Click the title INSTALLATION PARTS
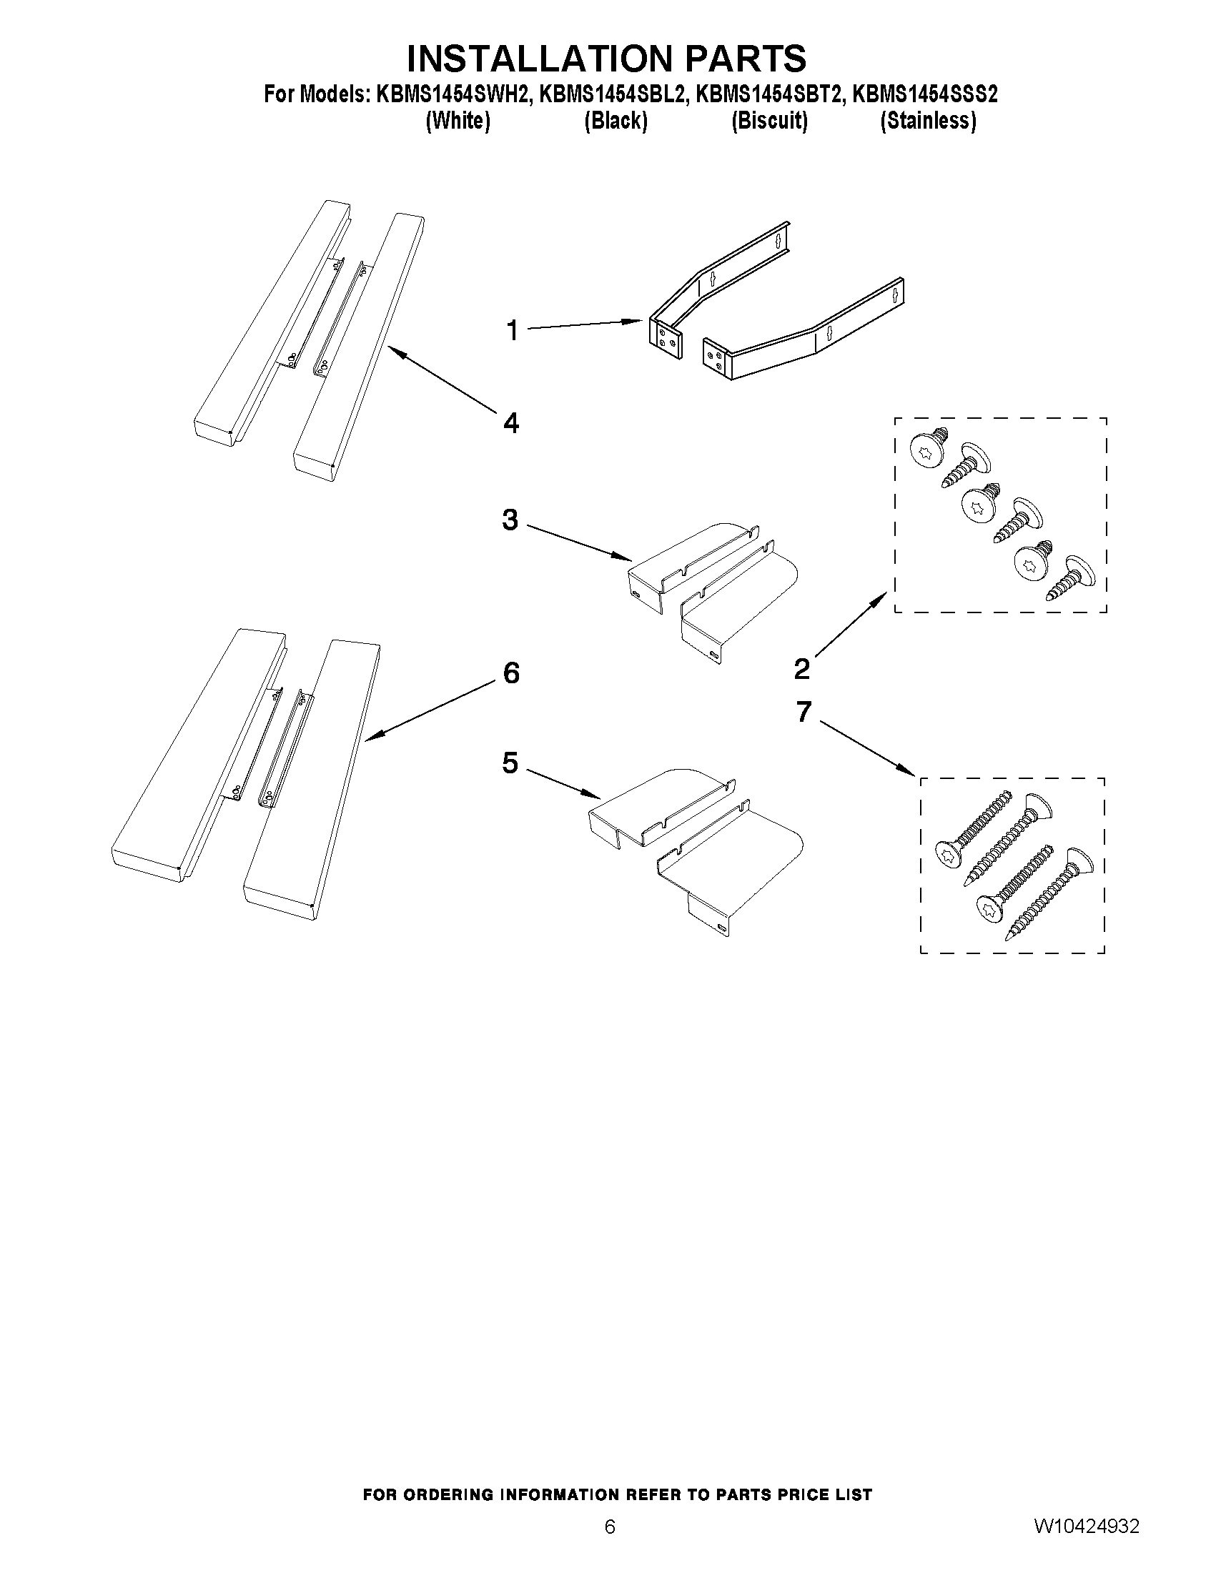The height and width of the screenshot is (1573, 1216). click(x=605, y=59)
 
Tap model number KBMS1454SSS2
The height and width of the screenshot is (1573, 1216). click(x=924, y=94)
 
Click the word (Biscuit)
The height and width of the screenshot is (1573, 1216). click(x=768, y=121)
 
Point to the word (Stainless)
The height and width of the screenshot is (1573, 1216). click(x=928, y=121)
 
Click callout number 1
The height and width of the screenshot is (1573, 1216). click(x=512, y=332)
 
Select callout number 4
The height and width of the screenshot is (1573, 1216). click(x=510, y=424)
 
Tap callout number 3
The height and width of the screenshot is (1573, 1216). click(x=510, y=520)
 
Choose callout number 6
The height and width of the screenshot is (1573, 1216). click(x=510, y=673)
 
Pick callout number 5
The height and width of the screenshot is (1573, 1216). click(x=510, y=763)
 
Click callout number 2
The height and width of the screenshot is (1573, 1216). click(x=802, y=670)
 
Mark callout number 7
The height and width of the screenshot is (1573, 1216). click(x=804, y=712)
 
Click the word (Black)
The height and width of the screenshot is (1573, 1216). click(x=616, y=121)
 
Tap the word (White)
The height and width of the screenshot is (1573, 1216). click(x=458, y=121)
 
